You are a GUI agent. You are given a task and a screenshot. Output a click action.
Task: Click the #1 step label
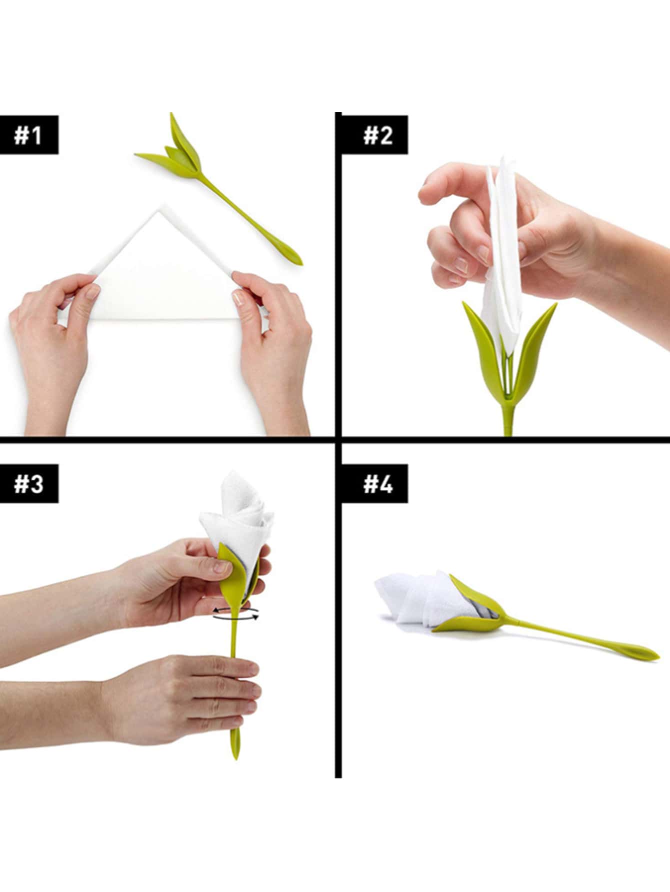pos(29,135)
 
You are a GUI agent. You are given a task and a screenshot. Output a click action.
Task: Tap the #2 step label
pos(378,135)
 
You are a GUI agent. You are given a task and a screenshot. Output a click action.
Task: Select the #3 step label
pos(29,484)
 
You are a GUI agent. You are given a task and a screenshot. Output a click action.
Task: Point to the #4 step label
pos(378,484)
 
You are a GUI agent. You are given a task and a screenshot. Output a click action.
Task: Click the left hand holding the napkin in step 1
pos(52,350)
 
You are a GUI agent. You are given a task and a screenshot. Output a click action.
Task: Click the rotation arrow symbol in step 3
pos(236,613)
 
